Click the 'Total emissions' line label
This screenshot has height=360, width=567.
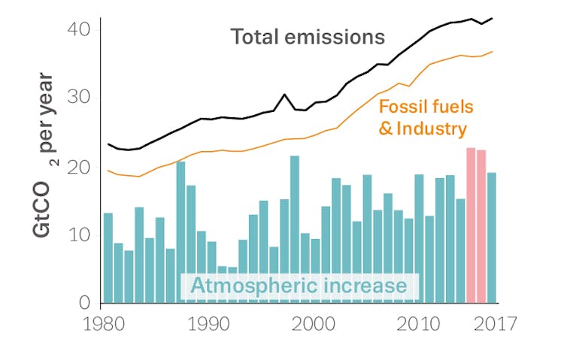[x=308, y=37]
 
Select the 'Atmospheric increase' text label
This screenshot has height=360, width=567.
[x=299, y=286]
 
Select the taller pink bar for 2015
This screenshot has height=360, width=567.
[x=471, y=225]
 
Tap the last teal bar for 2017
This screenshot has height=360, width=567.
[x=492, y=237]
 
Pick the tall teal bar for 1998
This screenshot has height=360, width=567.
[x=295, y=229]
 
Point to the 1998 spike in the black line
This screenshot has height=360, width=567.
[x=284, y=95]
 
